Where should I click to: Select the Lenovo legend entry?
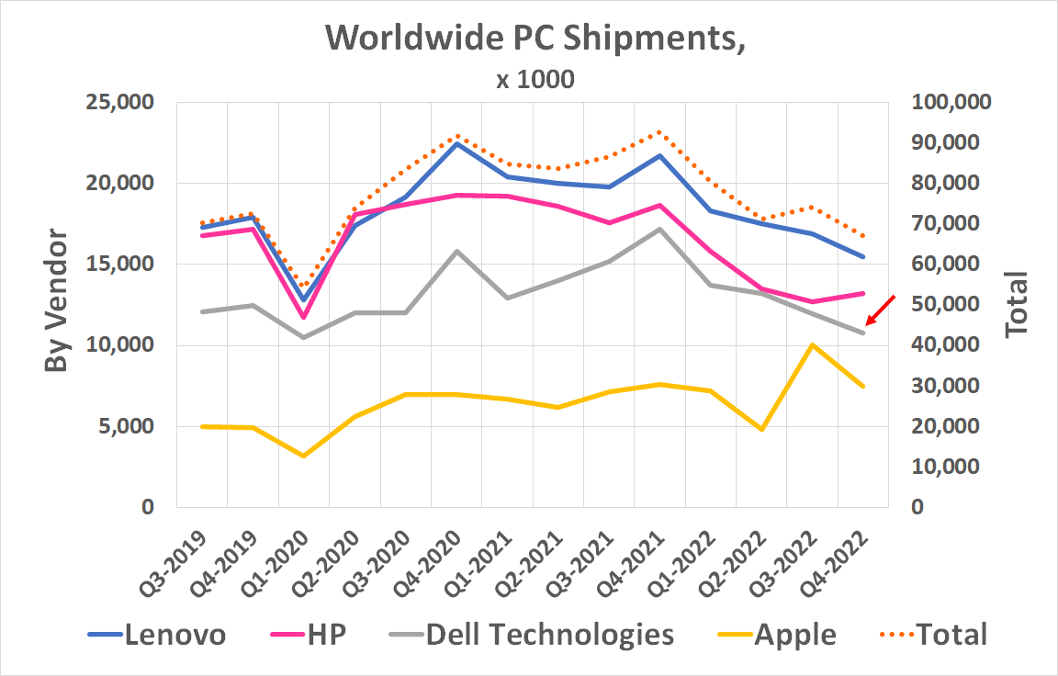tap(156, 634)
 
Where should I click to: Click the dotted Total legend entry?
tap(927, 634)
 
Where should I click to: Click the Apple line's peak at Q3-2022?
tap(812, 344)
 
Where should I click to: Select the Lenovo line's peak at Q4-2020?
tap(456, 142)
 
